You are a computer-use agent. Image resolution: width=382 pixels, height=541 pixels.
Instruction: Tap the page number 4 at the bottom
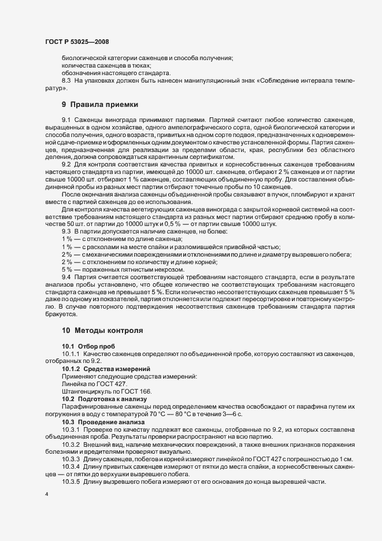(47, 495)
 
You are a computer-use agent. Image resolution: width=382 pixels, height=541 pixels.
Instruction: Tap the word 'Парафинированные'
(89, 407)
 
